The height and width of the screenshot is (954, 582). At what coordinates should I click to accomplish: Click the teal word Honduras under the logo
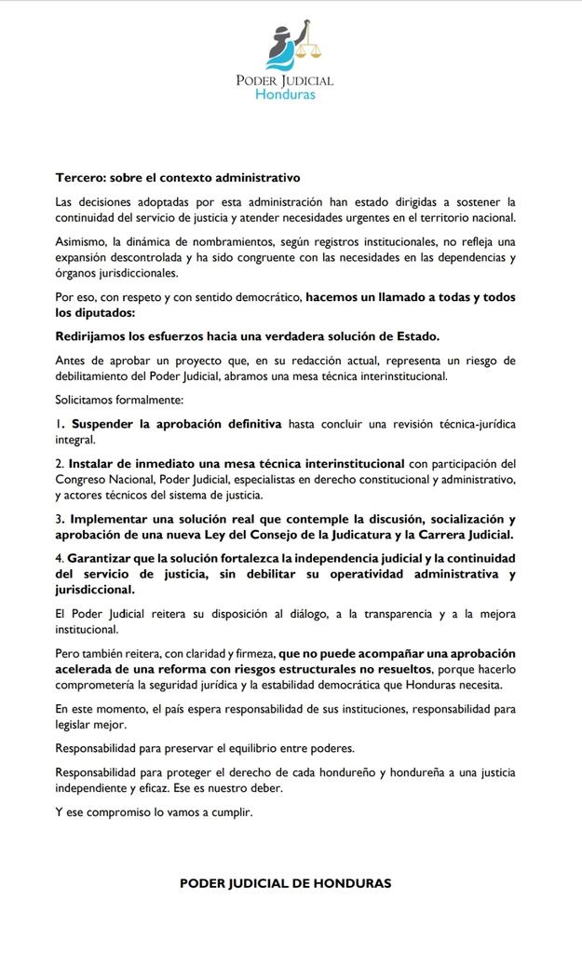click(285, 94)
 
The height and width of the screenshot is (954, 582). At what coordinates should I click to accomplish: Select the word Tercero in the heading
click(81, 177)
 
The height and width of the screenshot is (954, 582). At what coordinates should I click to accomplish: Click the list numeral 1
click(58, 424)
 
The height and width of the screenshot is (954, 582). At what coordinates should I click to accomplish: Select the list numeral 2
click(59, 463)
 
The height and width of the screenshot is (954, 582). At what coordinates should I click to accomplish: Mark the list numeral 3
click(59, 518)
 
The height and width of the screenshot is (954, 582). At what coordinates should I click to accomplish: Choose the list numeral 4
click(59, 557)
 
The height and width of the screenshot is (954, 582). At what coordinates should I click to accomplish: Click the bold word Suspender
click(107, 424)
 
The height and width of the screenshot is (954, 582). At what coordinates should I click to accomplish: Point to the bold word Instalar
click(94, 463)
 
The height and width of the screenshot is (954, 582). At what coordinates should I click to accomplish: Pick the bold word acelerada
click(88, 669)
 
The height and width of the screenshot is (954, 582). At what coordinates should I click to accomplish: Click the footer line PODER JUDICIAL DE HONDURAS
click(285, 883)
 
